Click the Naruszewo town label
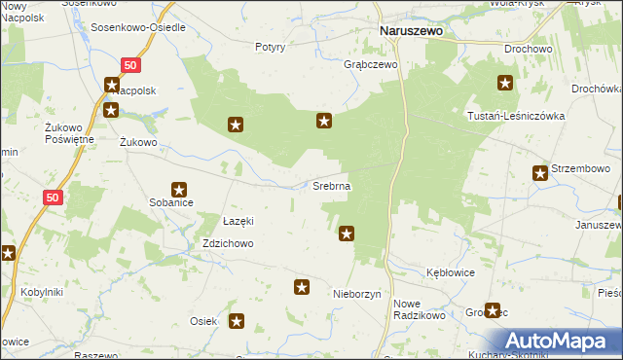[410, 31]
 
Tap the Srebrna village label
[331, 185]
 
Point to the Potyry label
[270, 47]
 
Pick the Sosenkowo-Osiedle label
[137, 27]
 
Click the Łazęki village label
[238, 222]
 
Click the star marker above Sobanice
[179, 190]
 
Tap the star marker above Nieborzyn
[302, 287]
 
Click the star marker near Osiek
[237, 320]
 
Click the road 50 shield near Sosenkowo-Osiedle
[132, 64]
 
